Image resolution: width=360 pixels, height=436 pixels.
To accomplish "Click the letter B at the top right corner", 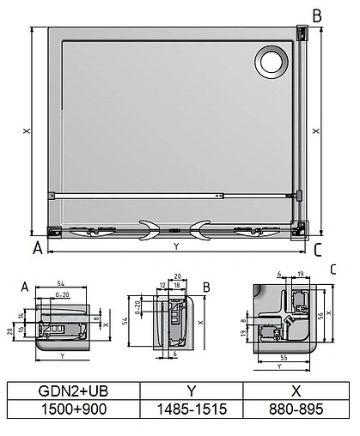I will pos(316,15).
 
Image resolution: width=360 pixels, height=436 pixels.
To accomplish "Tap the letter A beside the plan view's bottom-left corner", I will pos(37,249).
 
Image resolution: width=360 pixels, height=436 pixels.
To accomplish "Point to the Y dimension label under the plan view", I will pos(176,246).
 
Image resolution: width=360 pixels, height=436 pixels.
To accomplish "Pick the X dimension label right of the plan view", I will pos(316,131).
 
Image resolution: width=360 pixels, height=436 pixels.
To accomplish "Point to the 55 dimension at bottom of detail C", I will pos(284,354).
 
